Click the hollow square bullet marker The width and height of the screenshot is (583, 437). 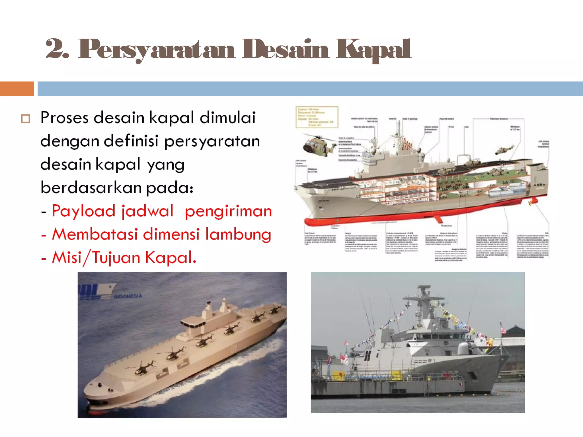[x=26, y=119]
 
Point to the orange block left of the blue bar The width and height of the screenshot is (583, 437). [x=17, y=89]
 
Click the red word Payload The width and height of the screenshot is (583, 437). [x=83, y=211]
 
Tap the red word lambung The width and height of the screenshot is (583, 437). [x=238, y=235]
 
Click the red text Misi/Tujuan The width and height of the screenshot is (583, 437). [x=96, y=258]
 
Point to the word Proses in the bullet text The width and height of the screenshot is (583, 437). [x=64, y=118]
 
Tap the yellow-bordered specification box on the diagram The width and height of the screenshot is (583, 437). [x=317, y=117]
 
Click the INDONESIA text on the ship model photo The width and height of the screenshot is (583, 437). [x=128, y=296]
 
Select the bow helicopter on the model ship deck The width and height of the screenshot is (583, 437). [x=141, y=368]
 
